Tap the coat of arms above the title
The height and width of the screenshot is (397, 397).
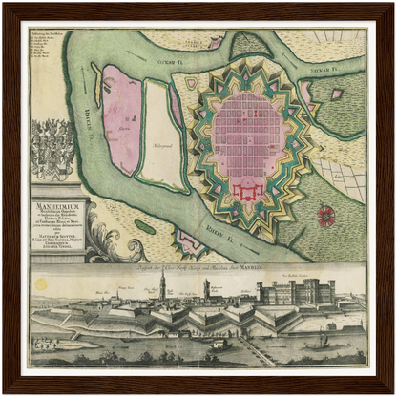pyautogui.click(x=53, y=151)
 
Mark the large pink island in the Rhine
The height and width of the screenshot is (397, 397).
pyautogui.click(x=121, y=119)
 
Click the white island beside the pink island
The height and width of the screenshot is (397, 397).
pyautogui.click(x=163, y=134)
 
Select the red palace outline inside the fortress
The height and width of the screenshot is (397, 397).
pyautogui.click(x=250, y=191)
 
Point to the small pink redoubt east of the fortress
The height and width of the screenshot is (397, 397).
pyautogui.click(x=336, y=94)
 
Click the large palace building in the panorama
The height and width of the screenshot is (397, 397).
pyautogui.click(x=296, y=291)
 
